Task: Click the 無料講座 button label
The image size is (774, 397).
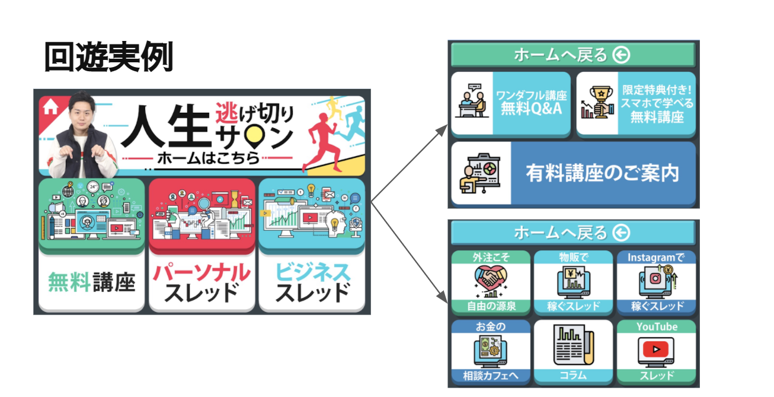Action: pos(91,282)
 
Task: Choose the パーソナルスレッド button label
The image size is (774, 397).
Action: pos(202,282)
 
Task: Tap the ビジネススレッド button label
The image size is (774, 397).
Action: pos(312,282)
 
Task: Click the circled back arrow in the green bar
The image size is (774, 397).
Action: pos(621,55)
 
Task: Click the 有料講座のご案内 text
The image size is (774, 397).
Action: pos(602,173)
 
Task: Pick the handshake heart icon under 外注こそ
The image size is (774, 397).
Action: pos(490,280)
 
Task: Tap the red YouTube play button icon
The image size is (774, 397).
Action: pos(656,350)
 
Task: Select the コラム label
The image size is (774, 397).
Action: pos(573,375)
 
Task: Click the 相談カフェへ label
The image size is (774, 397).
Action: pos(490,375)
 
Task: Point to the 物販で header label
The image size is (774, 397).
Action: pos(573,257)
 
